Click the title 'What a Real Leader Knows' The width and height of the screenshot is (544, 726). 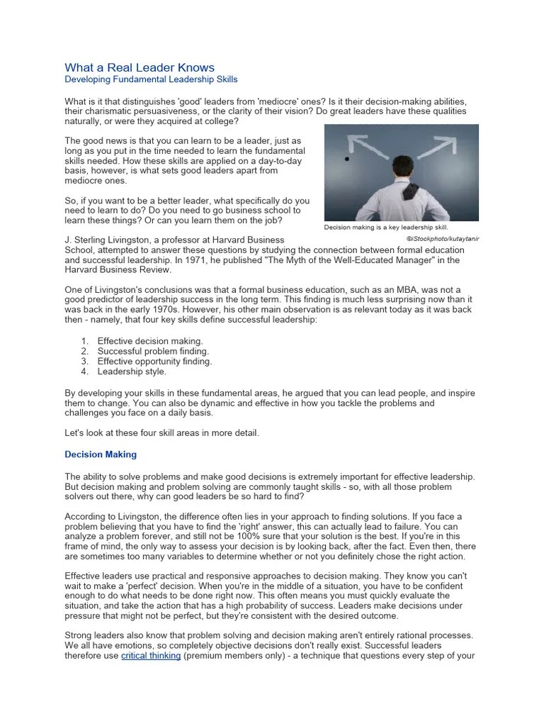tap(139, 68)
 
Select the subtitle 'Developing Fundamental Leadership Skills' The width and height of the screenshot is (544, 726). tap(151, 80)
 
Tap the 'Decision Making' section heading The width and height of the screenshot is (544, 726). tap(101, 454)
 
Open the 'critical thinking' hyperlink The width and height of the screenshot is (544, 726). tap(151, 655)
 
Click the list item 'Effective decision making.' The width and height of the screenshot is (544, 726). tap(150, 341)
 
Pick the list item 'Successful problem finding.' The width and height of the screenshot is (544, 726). tap(153, 351)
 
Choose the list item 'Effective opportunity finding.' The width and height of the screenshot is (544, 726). tap(154, 361)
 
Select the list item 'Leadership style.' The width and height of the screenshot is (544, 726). tap(132, 371)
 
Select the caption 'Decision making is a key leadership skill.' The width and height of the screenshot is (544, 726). tap(387, 228)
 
